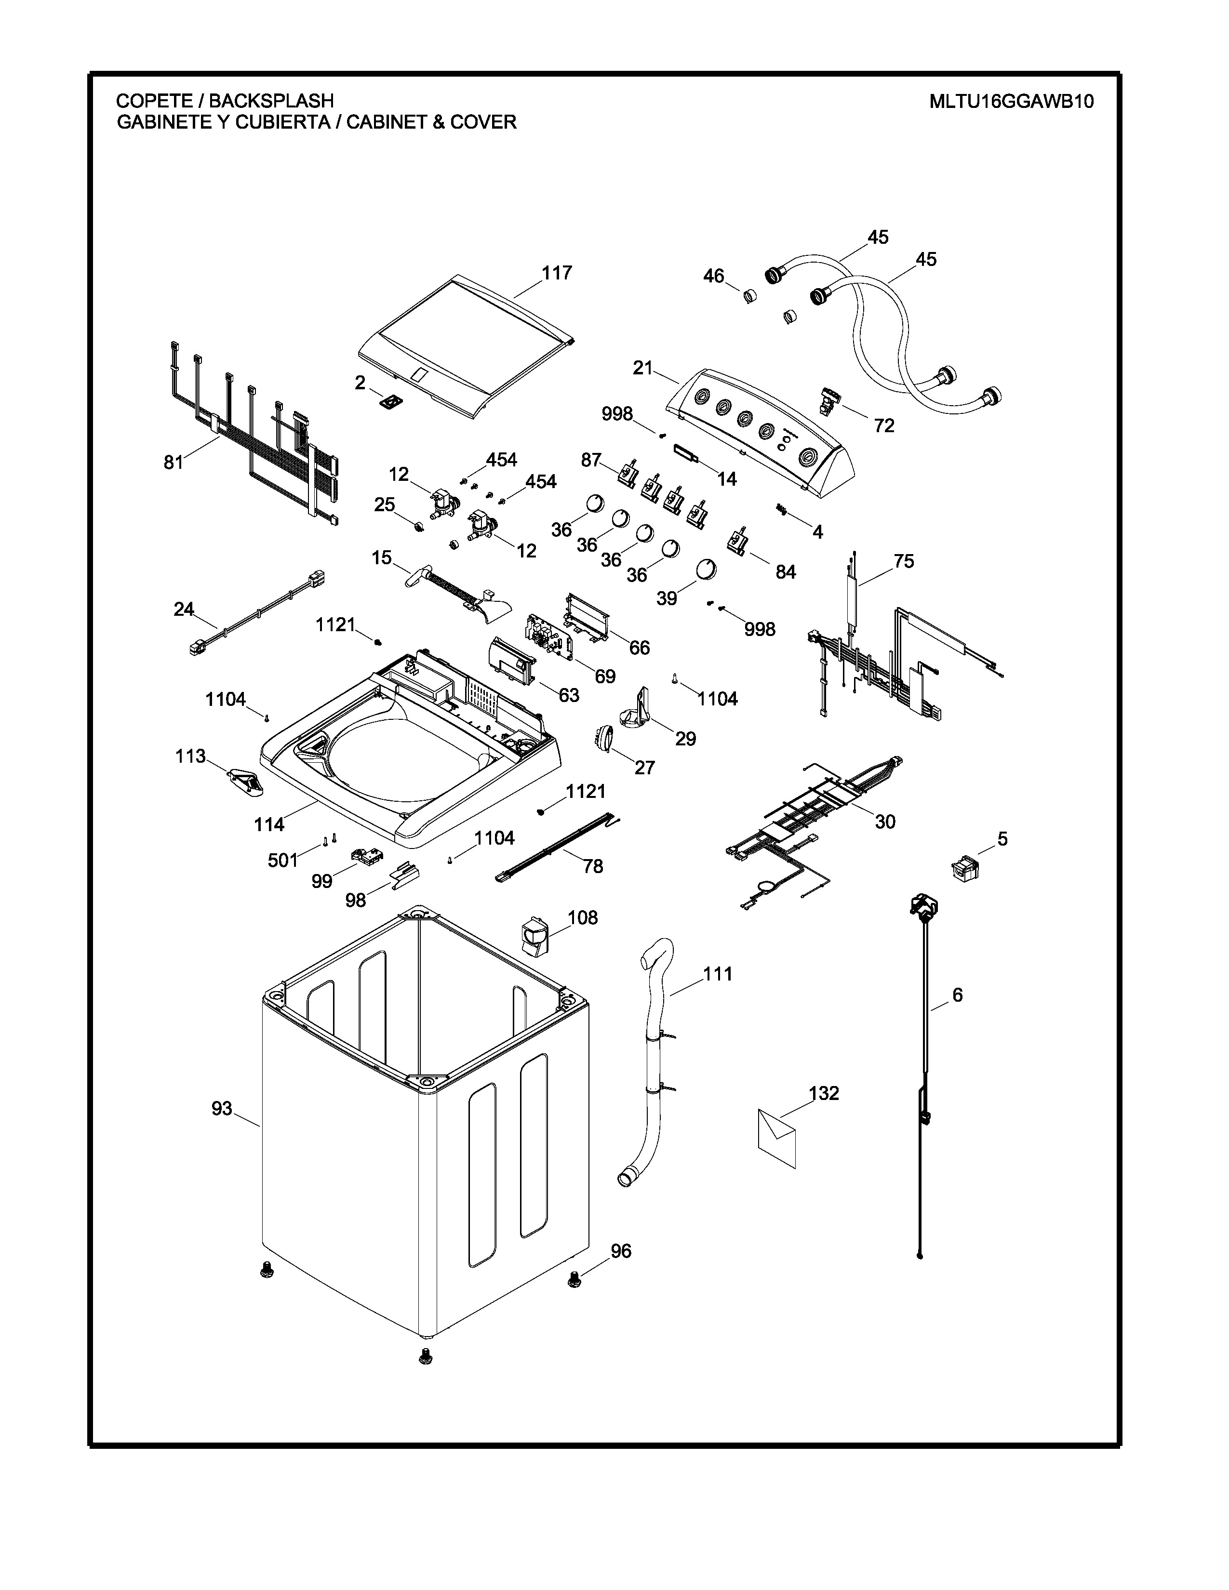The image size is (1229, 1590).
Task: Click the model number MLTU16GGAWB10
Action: (1011, 101)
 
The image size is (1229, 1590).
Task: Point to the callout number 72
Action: (884, 426)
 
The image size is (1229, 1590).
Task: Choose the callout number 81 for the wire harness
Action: (174, 462)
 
